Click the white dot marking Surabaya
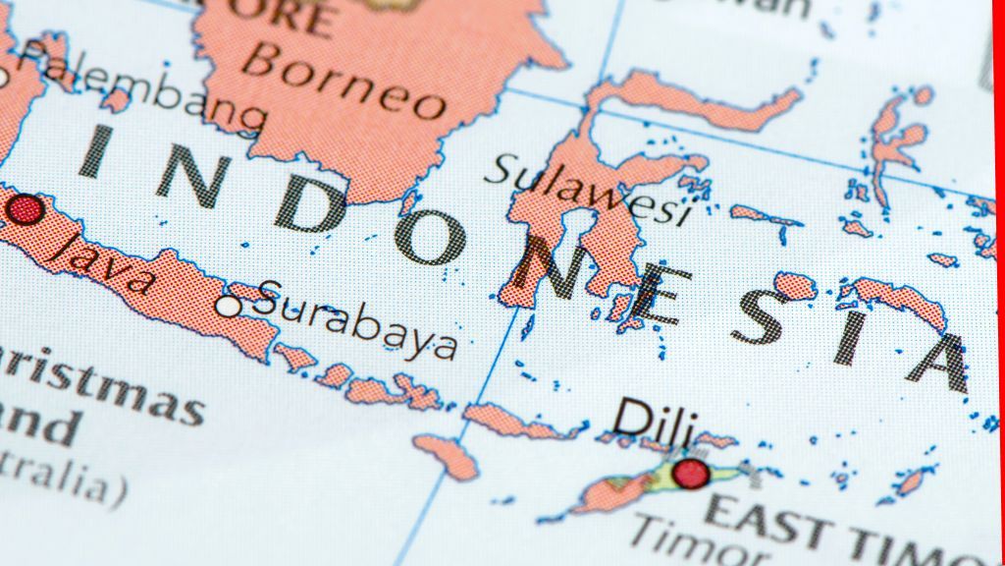[229, 307]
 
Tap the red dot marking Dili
[691, 473]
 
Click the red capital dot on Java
[25, 209]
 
